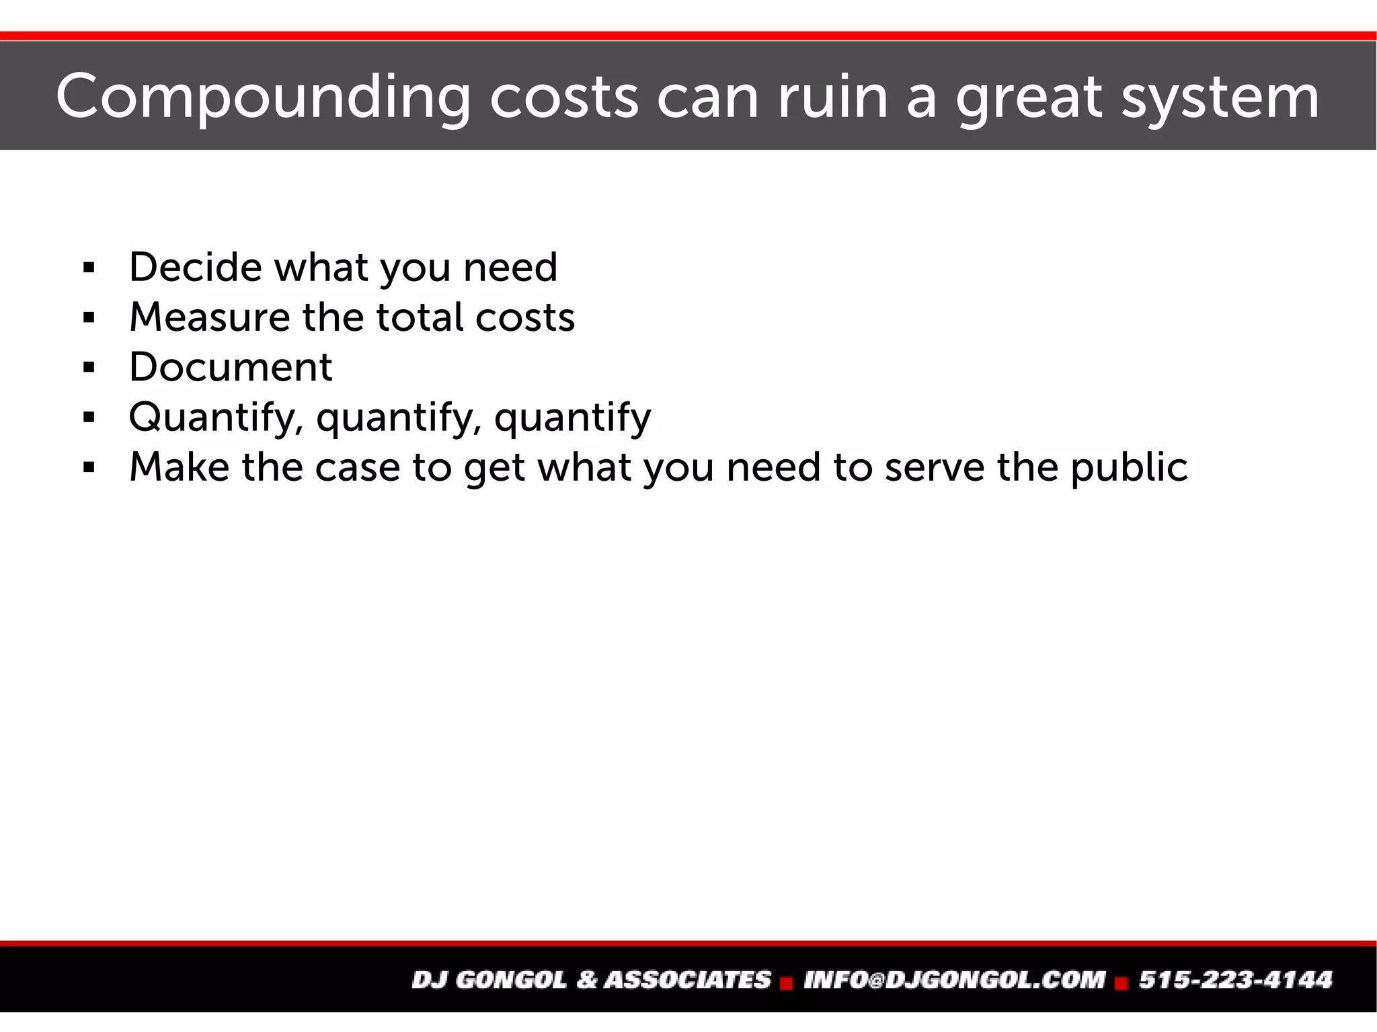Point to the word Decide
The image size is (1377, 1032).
click(196, 267)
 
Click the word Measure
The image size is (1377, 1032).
click(209, 317)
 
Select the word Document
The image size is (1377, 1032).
click(231, 367)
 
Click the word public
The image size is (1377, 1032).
click(1129, 467)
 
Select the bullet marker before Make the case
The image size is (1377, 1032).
click(89, 468)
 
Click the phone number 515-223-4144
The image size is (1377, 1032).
click(1235, 980)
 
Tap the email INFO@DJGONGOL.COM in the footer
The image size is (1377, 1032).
click(955, 980)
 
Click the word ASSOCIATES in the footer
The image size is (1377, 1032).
click(688, 980)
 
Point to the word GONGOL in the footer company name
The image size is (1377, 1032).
click(512, 980)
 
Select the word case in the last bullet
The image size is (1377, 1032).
click(358, 467)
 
